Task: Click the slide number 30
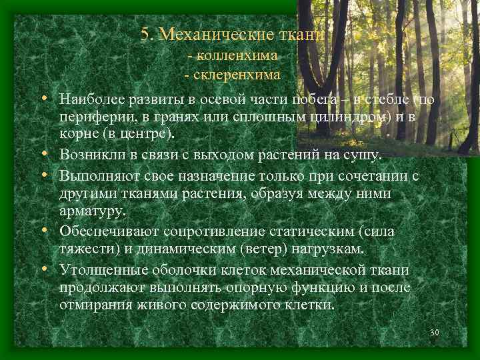(435, 333)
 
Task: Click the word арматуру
(93, 211)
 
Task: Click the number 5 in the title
(145, 34)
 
